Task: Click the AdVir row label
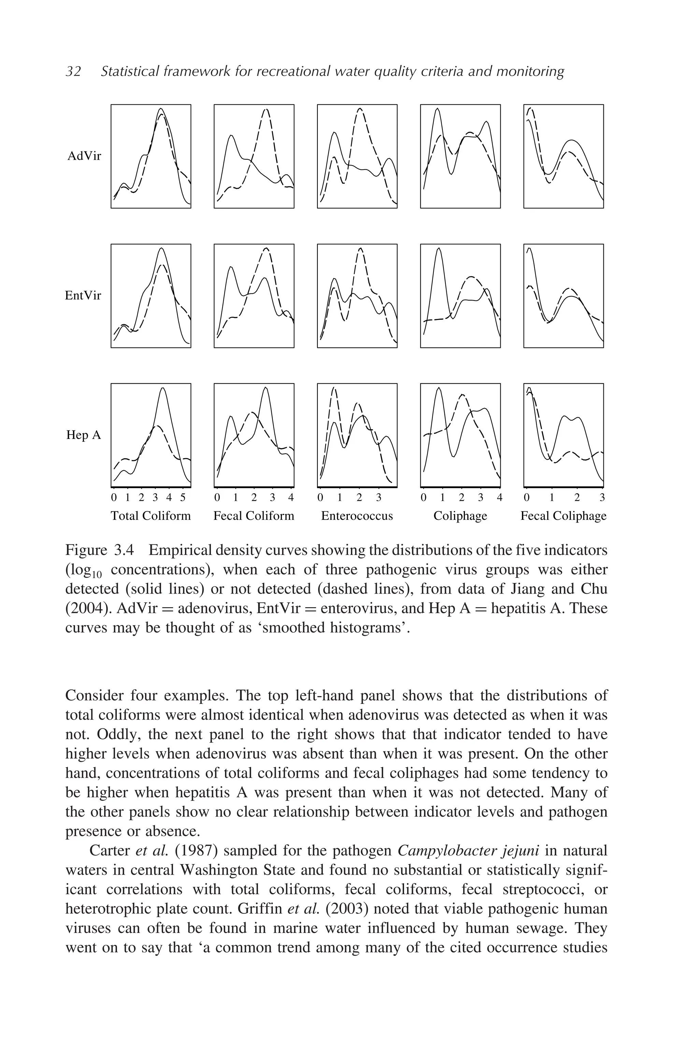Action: point(84,156)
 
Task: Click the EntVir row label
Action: point(83,295)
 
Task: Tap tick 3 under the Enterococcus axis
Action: point(379,497)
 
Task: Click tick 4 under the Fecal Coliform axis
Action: point(291,497)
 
